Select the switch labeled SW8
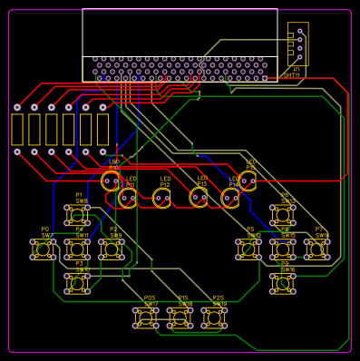pos(77,215)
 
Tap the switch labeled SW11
pos(78,249)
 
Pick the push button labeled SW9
pos(112,249)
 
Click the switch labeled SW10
pos(78,283)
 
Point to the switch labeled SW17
pos(146,317)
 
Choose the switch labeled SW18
pos(180,317)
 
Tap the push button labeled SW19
pos(214,317)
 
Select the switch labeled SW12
pos(248,249)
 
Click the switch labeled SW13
pos(283,215)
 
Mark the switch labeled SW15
pos(283,249)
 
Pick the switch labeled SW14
pos(317,249)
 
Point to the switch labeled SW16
pos(283,283)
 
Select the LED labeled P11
pos(128,197)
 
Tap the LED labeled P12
pos(163,197)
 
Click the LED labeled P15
pos(248,180)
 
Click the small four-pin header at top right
pos(297,44)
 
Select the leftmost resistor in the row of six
pos(16,130)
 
